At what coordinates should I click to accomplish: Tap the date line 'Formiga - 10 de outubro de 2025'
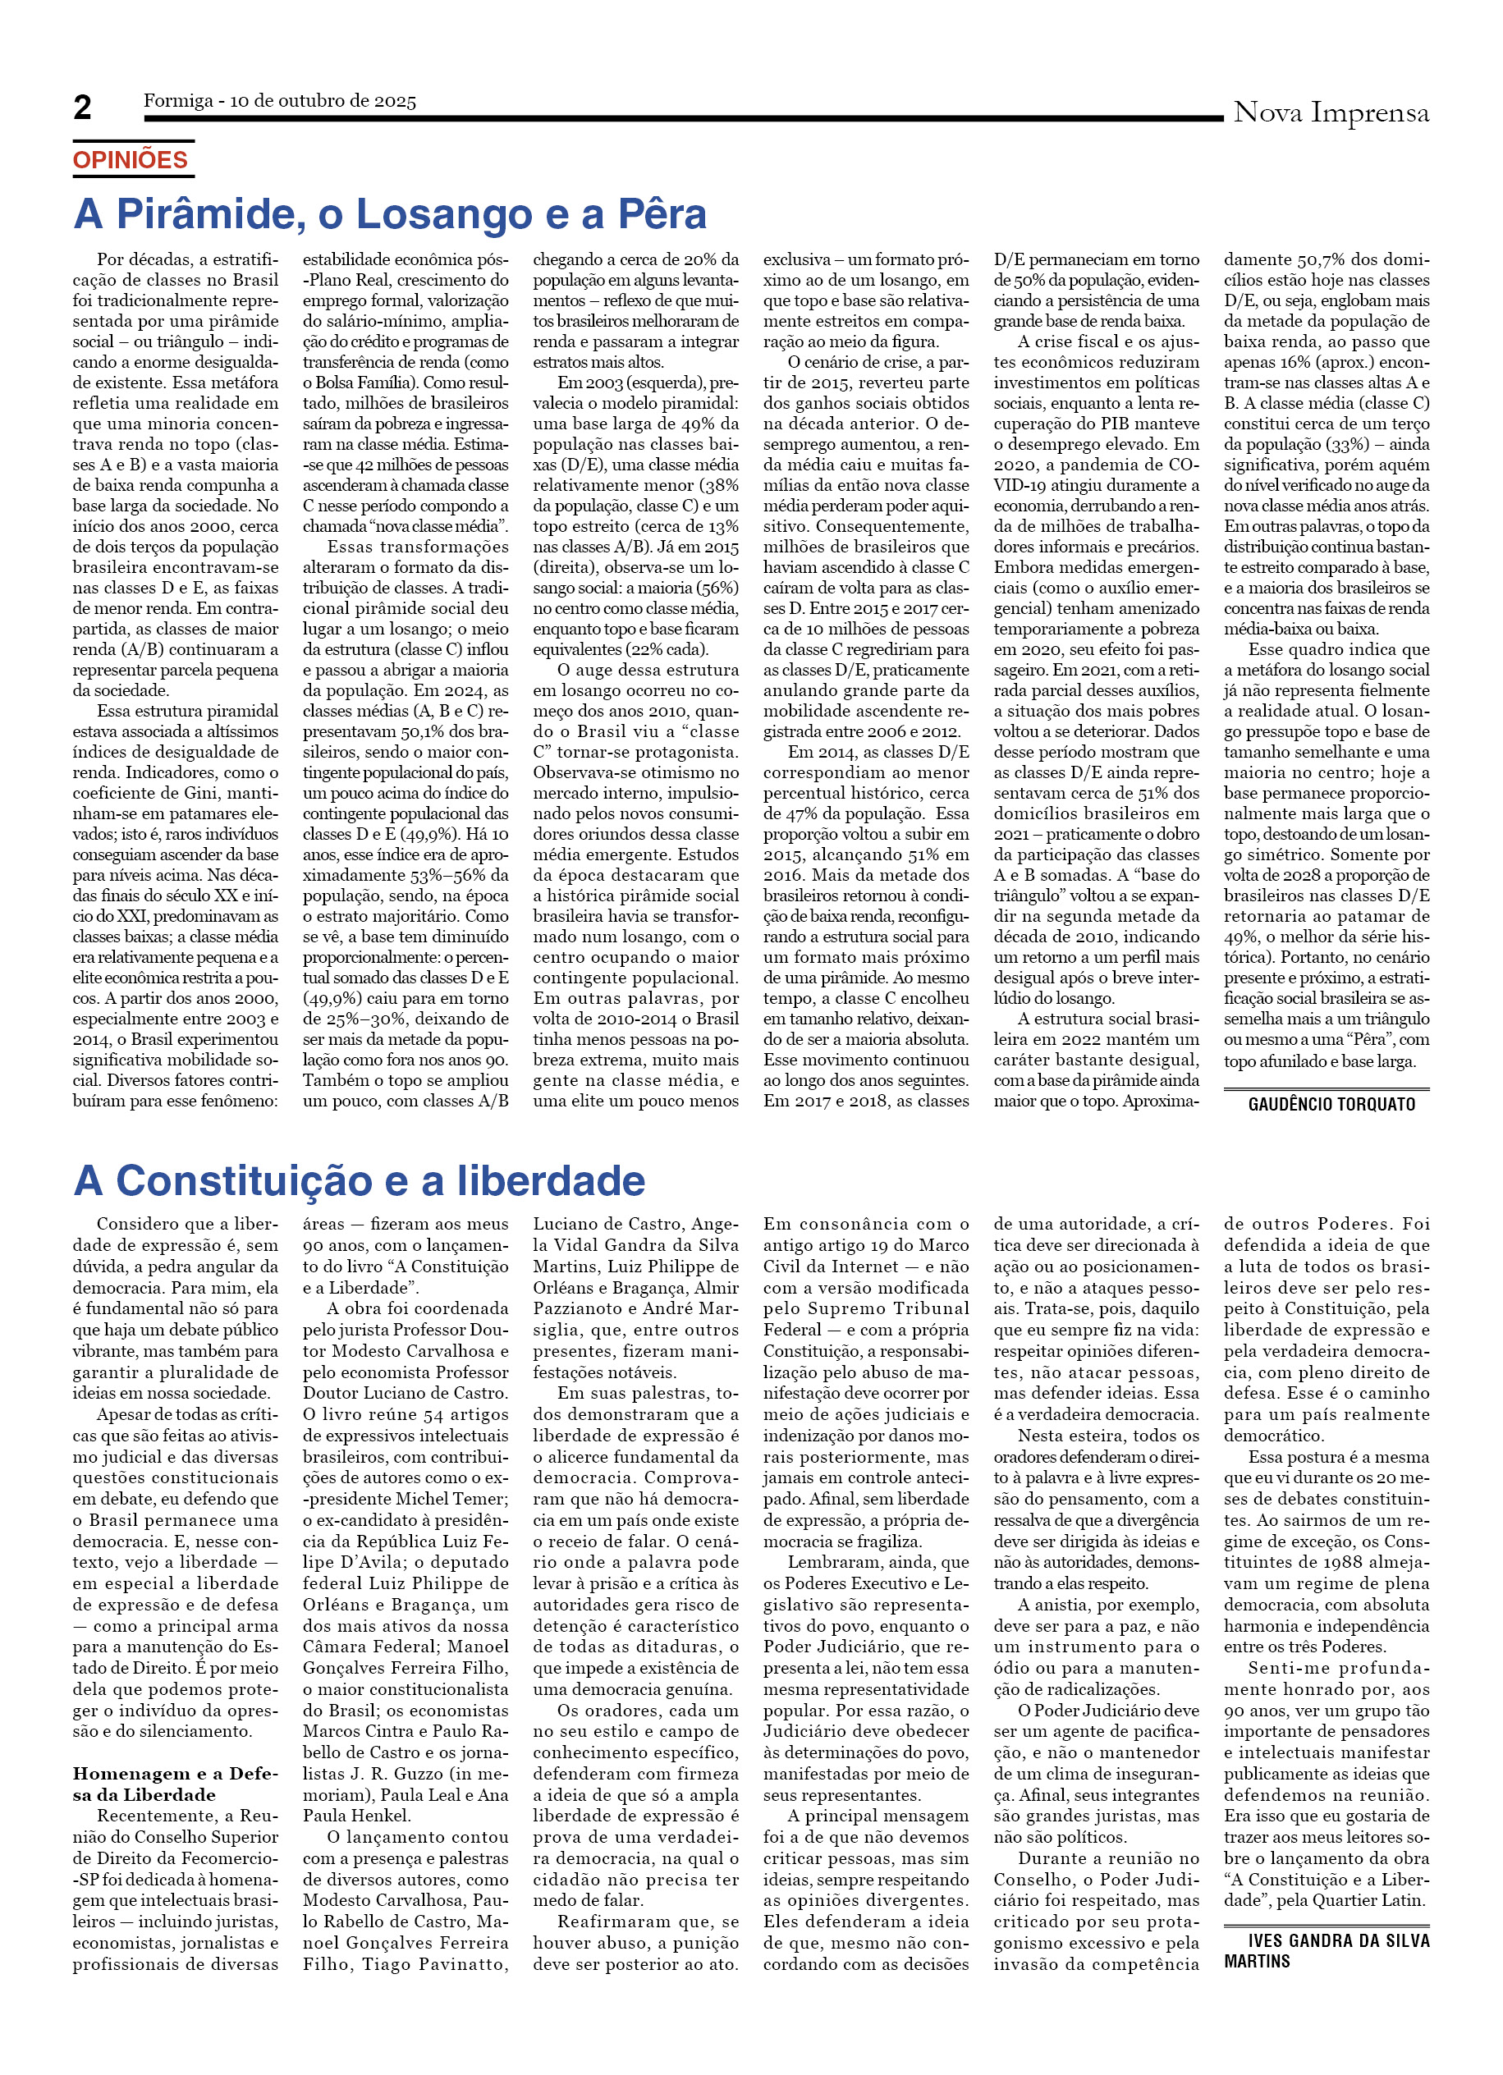click(x=279, y=101)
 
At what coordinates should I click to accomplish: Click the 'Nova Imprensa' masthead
click(x=1330, y=112)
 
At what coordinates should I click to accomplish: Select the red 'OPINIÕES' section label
click(x=130, y=160)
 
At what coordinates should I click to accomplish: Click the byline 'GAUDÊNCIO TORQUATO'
click(x=1331, y=1104)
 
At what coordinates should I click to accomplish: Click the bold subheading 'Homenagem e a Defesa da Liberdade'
click(x=174, y=1784)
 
